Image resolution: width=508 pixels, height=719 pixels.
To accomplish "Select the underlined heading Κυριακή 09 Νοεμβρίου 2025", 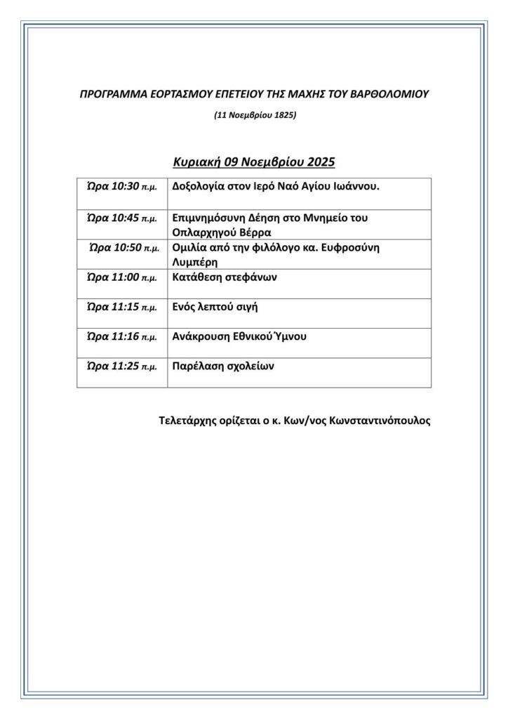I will coord(254,162).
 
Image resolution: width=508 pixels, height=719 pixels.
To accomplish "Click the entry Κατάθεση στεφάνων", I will coord(225,277).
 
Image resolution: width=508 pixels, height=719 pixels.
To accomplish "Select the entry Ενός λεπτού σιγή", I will coord(215,306).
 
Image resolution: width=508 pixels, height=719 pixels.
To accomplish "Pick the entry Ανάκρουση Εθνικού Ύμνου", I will coord(239,336).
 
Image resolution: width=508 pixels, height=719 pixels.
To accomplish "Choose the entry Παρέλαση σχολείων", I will coord(223,366).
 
